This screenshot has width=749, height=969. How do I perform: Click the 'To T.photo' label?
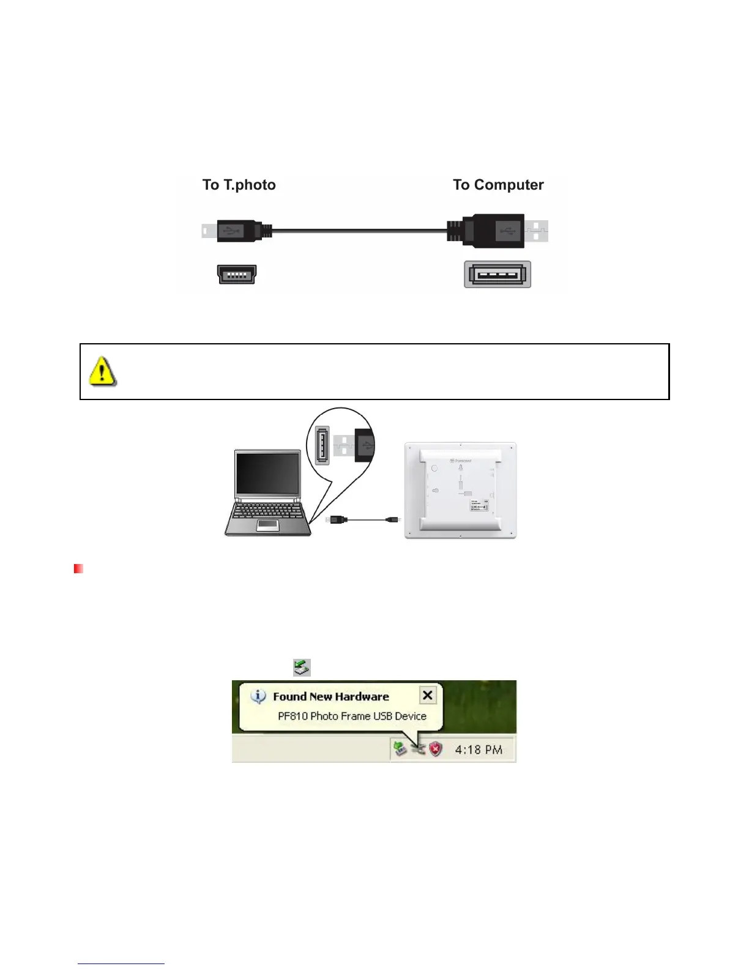(239, 185)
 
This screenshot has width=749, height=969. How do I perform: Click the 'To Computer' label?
(498, 185)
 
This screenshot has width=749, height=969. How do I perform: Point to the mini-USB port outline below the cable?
(237, 275)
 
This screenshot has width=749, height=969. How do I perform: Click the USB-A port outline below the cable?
(497, 274)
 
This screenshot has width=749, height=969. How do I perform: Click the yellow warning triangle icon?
(102, 371)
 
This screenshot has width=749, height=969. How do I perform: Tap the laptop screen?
(268, 474)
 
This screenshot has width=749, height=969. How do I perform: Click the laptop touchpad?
(268, 525)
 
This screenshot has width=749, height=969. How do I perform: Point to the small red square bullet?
(78, 569)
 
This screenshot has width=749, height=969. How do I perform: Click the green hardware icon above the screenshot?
(302, 667)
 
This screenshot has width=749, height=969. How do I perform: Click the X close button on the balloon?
(428, 695)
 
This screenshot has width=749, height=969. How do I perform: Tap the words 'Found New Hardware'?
(330, 696)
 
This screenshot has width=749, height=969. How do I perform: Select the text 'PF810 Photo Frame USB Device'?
(352, 716)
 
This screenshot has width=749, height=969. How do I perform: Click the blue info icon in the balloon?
(259, 696)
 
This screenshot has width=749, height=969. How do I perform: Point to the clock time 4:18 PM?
(479, 749)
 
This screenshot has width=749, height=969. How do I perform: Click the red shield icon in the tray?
(435, 749)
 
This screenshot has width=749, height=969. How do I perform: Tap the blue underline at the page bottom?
(121, 963)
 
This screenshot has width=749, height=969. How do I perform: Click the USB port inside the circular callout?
(322, 445)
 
